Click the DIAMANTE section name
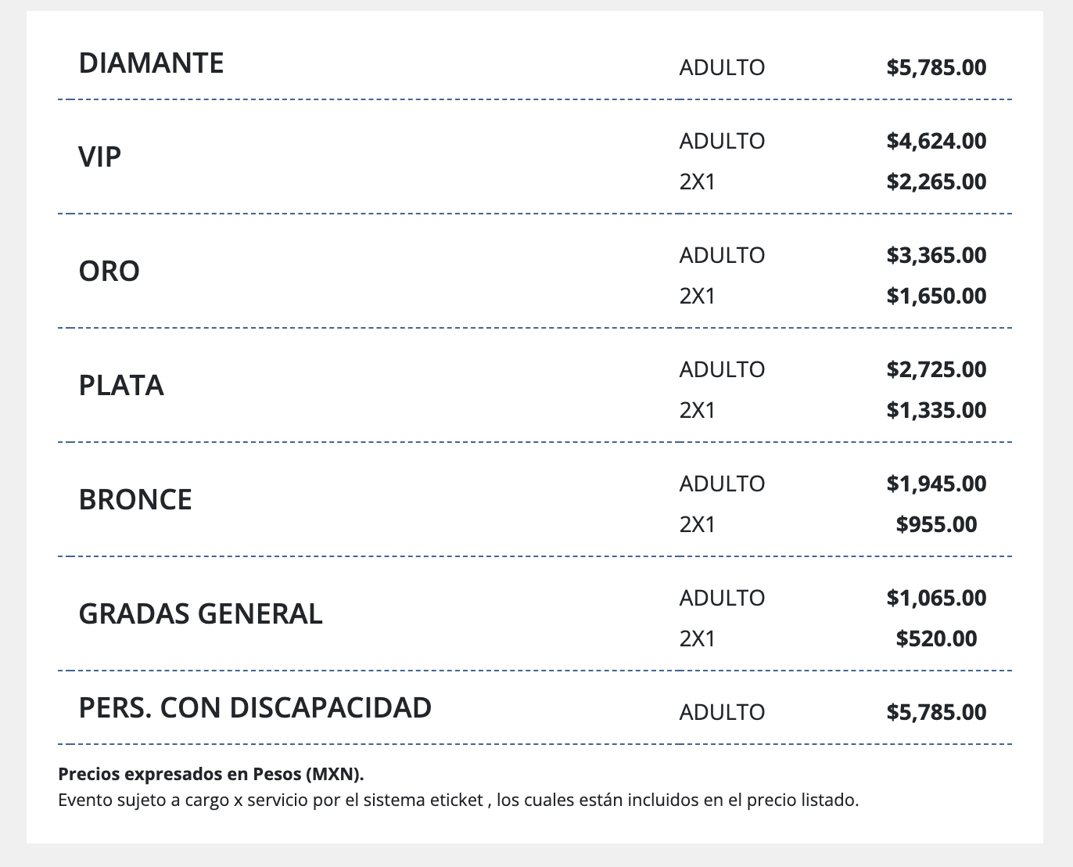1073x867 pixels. (x=151, y=63)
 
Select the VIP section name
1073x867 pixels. (x=100, y=157)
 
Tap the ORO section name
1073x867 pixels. (x=109, y=272)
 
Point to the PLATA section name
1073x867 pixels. (x=121, y=386)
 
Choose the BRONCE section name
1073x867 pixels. (x=135, y=500)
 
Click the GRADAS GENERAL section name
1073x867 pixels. (x=200, y=614)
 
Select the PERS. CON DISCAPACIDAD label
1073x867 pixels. (x=255, y=707)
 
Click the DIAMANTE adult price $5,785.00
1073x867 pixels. (x=936, y=67)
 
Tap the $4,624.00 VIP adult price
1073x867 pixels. (x=936, y=141)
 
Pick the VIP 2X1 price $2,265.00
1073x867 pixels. (x=936, y=182)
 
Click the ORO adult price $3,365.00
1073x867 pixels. (x=936, y=255)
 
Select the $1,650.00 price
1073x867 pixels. (x=936, y=296)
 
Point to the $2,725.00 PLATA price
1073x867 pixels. (x=936, y=369)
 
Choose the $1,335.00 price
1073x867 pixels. (x=936, y=410)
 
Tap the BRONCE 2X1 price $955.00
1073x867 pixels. (x=936, y=524)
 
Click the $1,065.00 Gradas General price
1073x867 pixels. (x=936, y=598)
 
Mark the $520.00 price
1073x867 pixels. (x=936, y=639)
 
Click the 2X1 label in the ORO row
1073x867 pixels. (x=697, y=296)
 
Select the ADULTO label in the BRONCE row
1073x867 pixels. (x=722, y=484)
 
